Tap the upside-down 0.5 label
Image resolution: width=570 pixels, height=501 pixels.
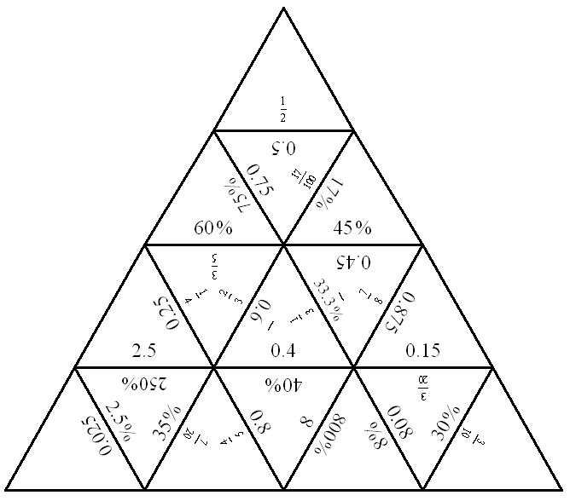(282, 147)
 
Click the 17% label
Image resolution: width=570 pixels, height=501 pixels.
(329, 193)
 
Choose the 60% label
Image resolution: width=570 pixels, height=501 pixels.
(213, 227)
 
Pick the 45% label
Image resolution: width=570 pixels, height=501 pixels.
(352, 227)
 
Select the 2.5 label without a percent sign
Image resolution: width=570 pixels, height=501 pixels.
(144, 350)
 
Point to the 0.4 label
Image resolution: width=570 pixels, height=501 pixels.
(282, 350)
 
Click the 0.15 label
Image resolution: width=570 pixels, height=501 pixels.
(422, 350)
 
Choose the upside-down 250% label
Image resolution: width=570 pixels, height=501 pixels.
(143, 383)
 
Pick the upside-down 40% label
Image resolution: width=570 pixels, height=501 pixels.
(282, 383)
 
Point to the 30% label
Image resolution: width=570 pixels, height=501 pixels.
(445, 420)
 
